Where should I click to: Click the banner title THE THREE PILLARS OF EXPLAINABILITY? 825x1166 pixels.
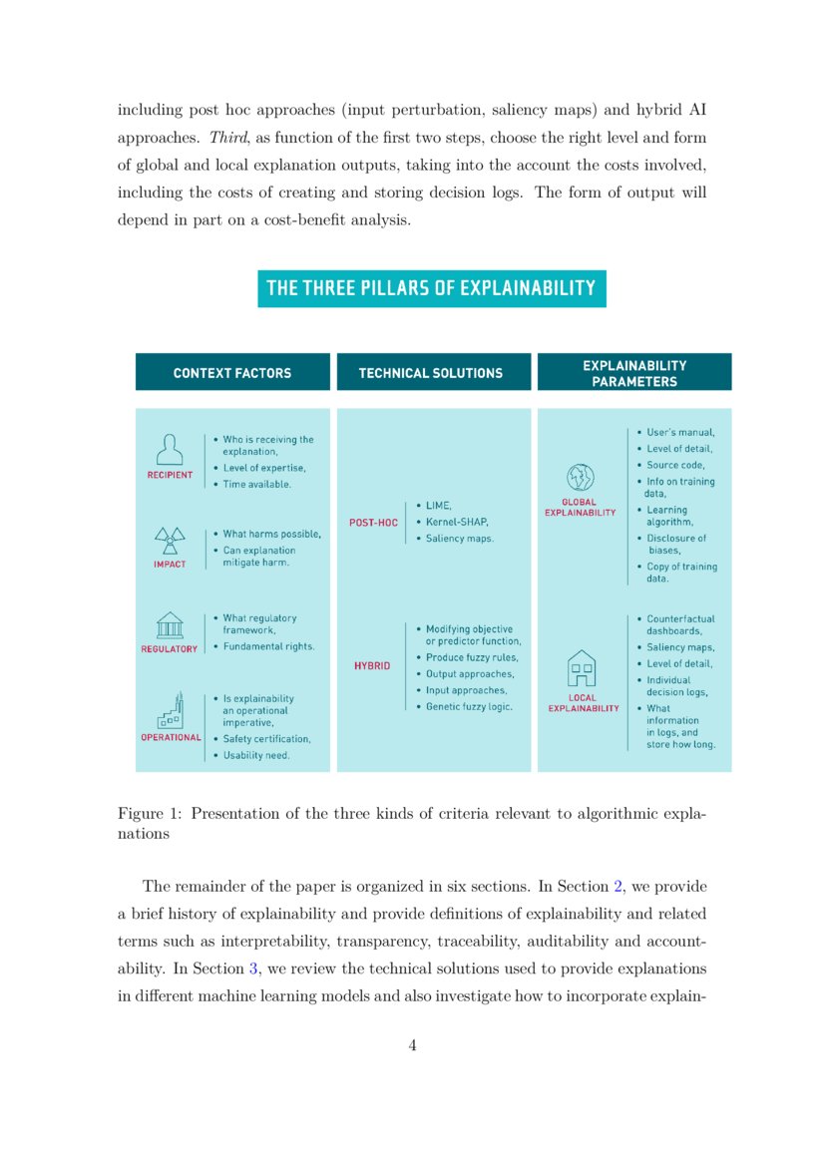431,288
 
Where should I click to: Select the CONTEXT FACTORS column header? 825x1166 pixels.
232,373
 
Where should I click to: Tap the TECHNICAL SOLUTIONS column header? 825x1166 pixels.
431,373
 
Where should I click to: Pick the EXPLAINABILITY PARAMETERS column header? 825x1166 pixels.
634,373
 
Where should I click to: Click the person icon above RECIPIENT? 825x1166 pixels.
170,449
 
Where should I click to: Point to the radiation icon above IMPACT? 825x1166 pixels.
170,541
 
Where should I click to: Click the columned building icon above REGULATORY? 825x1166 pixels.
170,625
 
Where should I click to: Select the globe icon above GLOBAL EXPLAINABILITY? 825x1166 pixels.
580,477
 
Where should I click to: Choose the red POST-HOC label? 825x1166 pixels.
373,523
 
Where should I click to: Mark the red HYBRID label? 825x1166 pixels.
372,665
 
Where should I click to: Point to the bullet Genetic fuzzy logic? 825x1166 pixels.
469,706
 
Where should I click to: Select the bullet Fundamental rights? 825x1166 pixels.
268,646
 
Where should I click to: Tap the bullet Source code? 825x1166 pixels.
675,465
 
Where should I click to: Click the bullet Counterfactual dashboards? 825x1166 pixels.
680,624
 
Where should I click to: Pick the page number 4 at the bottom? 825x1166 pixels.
412,1045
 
